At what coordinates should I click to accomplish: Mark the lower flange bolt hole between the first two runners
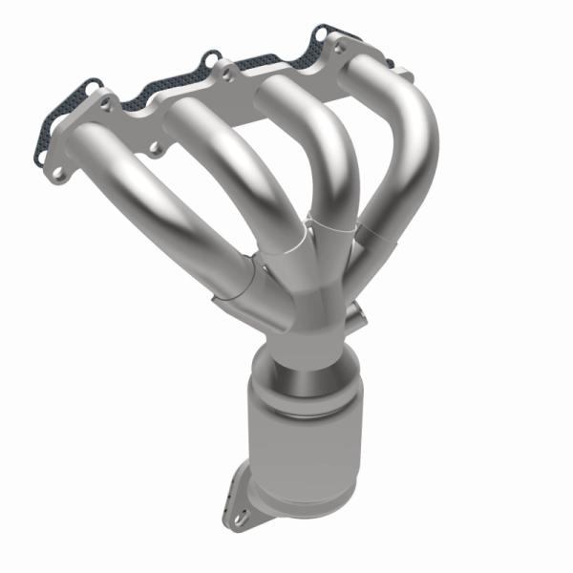point(152,148)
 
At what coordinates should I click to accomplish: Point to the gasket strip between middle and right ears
point(277,60)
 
